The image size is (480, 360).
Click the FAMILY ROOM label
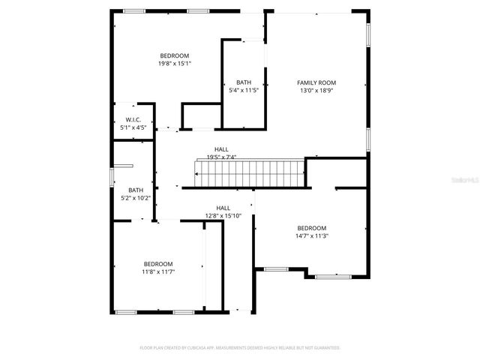pyautogui.click(x=316, y=82)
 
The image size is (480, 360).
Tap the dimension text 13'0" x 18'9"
pyautogui.click(x=316, y=90)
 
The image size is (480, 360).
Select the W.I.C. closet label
pyautogui.click(x=133, y=120)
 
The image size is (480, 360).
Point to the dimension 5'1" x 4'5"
pyautogui.click(x=133, y=127)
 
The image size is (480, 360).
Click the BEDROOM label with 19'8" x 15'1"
pyautogui.click(x=174, y=55)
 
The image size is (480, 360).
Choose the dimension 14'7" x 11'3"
pyautogui.click(x=311, y=235)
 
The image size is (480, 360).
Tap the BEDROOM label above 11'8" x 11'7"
pyautogui.click(x=158, y=263)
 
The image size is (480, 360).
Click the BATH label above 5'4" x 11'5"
pyautogui.click(x=244, y=82)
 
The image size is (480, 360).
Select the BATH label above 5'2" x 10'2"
pyautogui.click(x=136, y=190)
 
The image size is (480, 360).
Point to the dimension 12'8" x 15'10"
pyautogui.click(x=223, y=216)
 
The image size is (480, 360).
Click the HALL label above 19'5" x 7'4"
pyautogui.click(x=221, y=149)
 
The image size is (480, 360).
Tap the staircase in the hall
pyautogui.click(x=249, y=174)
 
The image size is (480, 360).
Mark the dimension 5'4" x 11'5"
pyautogui.click(x=244, y=90)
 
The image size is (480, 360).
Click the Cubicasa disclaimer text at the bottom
pyautogui.click(x=240, y=348)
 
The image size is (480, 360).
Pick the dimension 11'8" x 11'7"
pyautogui.click(x=158, y=271)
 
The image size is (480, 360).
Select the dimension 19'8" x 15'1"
pyautogui.click(x=174, y=64)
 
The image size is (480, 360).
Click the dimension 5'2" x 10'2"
pyautogui.click(x=136, y=198)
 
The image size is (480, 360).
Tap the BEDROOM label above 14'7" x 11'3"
pyautogui.click(x=311, y=228)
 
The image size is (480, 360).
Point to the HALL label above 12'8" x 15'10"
pyautogui.click(x=223, y=208)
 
